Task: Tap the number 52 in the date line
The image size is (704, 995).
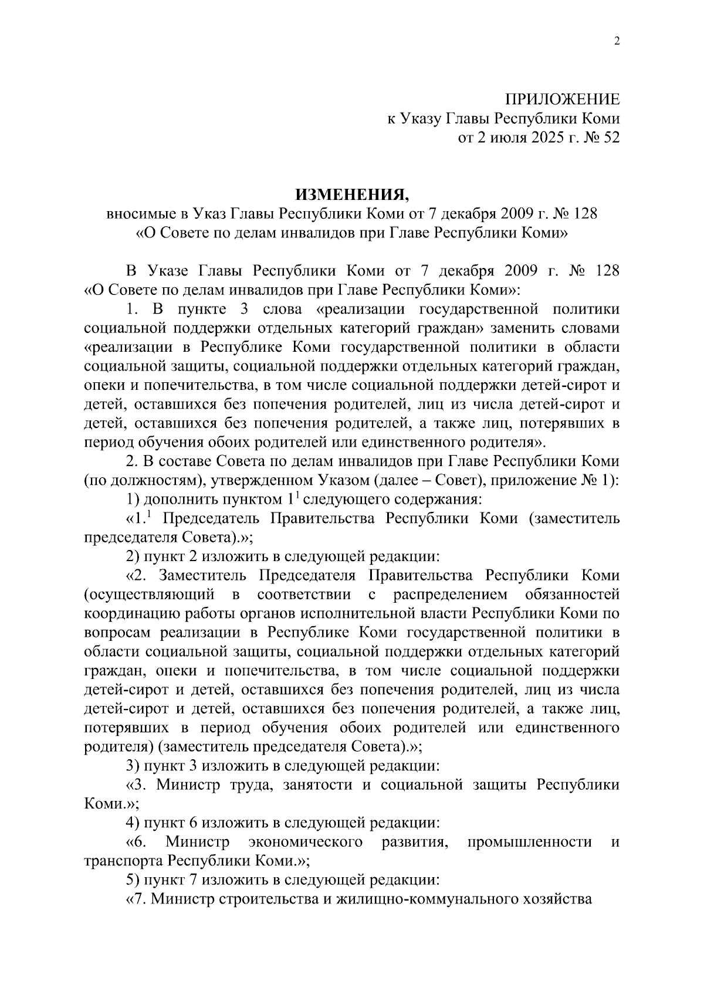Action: click(611, 138)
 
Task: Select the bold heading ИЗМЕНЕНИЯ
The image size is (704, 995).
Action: click(351, 194)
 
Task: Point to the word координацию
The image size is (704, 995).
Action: click(127, 614)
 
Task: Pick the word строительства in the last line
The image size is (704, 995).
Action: click(267, 899)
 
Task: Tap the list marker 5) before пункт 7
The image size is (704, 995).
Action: click(134, 880)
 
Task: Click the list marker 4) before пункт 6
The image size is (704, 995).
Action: click(134, 823)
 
